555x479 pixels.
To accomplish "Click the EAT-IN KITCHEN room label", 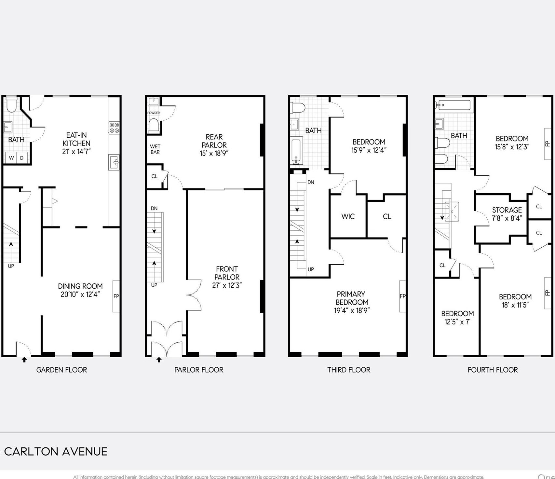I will [76, 139].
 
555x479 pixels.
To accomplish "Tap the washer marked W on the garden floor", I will [11, 158].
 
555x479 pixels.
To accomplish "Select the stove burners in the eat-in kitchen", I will [114, 128].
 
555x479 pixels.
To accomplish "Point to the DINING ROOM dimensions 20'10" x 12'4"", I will [80, 294].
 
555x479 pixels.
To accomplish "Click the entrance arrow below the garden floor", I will [24, 360].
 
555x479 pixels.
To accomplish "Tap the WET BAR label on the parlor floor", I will [155, 149].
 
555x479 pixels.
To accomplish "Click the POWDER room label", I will [154, 113].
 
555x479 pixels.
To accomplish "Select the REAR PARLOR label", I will [214, 141].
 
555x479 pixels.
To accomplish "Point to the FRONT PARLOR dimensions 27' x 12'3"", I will [227, 285].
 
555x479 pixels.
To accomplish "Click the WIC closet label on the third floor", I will [348, 216].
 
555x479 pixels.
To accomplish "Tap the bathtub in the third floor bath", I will [296, 151].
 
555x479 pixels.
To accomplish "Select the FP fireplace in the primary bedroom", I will [403, 296].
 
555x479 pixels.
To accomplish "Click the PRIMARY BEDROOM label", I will [352, 298].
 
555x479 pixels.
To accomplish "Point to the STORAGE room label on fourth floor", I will [507, 210].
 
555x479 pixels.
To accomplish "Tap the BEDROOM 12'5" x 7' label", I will [457, 318].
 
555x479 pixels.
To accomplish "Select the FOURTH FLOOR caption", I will [493, 370].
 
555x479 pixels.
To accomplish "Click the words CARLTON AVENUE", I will [56, 452].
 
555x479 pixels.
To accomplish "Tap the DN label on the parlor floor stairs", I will [154, 208].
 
